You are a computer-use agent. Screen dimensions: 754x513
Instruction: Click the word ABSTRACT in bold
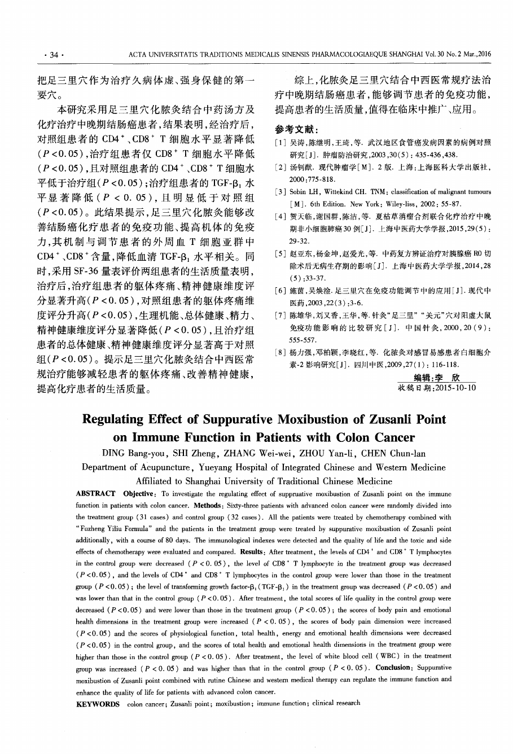(x=96, y=493)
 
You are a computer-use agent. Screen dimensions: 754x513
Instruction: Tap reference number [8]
(x=280, y=352)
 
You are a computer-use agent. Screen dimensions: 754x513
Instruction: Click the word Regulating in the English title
(x=116, y=419)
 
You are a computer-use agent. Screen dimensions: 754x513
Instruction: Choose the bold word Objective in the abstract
(x=139, y=493)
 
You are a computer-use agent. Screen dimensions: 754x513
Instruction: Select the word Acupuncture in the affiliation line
(x=165, y=467)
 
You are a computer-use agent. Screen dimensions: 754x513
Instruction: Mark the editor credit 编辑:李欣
(x=437, y=378)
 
